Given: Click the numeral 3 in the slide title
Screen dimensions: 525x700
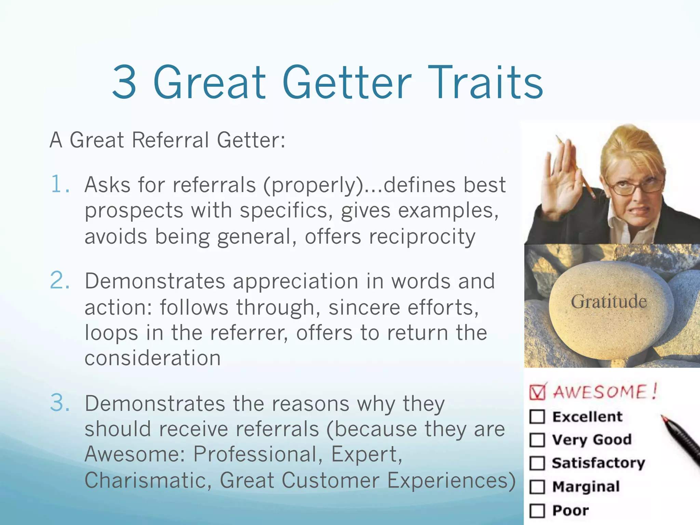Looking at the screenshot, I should click(124, 83).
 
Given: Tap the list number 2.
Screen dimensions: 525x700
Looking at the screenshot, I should click(59, 281).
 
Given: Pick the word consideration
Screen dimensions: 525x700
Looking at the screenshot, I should click(152, 358).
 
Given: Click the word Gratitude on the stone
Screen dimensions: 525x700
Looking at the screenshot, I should click(609, 302).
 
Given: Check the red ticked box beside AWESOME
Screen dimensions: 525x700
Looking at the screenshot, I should click(538, 392).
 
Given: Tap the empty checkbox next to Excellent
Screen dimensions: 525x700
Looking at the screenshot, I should click(537, 417).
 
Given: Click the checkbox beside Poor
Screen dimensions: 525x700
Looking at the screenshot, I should click(537, 511).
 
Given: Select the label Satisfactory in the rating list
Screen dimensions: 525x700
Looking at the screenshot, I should click(598, 463).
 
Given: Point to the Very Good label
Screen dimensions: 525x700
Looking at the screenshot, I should click(592, 440).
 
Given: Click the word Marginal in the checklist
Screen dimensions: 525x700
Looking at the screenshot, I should click(586, 487).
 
